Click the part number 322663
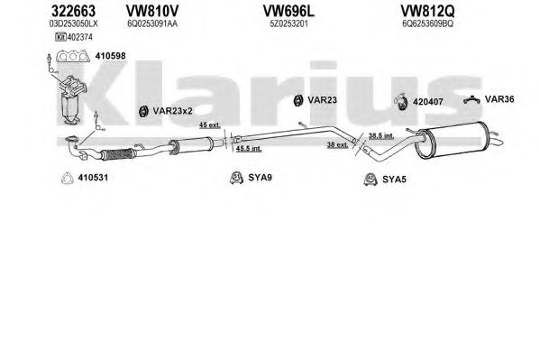73,12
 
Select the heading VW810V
151,12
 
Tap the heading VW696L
288,12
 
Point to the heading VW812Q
427,12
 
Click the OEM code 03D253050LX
73,23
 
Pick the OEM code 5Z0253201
288,23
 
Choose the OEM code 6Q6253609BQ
427,23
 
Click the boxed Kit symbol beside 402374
60,37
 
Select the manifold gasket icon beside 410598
73,56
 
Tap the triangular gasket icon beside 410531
67,178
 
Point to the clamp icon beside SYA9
236,178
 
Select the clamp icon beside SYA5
371,180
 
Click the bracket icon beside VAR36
471,100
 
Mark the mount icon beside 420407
401,102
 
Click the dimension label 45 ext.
210,125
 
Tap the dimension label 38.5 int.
381,136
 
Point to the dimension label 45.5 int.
249,149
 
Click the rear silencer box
453,140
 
